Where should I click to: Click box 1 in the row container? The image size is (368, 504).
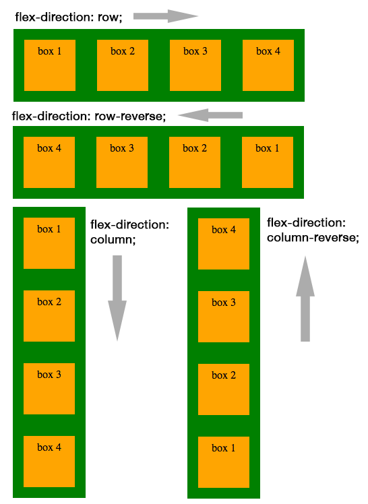pos(49,65)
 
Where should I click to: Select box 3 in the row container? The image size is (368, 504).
pos(195,65)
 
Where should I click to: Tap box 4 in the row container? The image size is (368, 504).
pos(268,65)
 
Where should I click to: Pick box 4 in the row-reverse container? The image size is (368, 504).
pos(49,162)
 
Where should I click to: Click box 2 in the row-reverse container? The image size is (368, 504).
pos(195,162)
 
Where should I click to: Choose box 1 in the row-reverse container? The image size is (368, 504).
pos(268,162)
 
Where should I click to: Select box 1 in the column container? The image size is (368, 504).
pos(49,243)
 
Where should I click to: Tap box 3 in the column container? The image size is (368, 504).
pos(49,389)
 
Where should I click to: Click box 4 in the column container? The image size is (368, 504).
pos(49,462)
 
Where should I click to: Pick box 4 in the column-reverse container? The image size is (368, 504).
pos(224,244)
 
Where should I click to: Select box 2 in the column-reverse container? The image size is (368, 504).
pos(224,389)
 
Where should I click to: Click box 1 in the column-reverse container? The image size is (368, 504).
pos(224,462)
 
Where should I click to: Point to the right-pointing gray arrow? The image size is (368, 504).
pos(165,16)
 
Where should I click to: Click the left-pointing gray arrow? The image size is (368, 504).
pos(210,115)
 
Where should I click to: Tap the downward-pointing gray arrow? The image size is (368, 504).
pos(117,297)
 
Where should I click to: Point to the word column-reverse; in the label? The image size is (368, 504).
pos(313,238)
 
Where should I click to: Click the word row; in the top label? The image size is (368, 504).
pos(109,18)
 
